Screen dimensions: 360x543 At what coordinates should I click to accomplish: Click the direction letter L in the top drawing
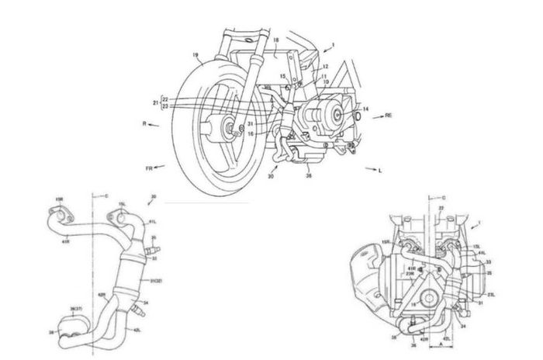379,168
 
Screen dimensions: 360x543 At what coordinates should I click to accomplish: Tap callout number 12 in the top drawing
324,67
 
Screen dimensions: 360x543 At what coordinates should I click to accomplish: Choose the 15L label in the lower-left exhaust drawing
122,206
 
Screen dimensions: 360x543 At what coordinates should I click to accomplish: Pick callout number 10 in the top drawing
326,81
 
